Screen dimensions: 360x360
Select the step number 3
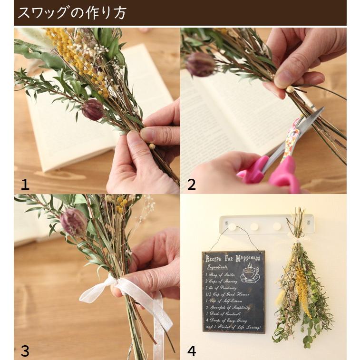(x=25, y=351)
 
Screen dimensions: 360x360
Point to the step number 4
(x=191, y=351)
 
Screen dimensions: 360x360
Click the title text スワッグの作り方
(x=72, y=13)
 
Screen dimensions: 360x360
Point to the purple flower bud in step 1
(x=93, y=110)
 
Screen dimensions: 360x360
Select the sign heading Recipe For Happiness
(x=233, y=258)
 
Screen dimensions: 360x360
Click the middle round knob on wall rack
(x=254, y=227)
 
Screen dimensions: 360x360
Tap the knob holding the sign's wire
(x=232, y=227)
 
